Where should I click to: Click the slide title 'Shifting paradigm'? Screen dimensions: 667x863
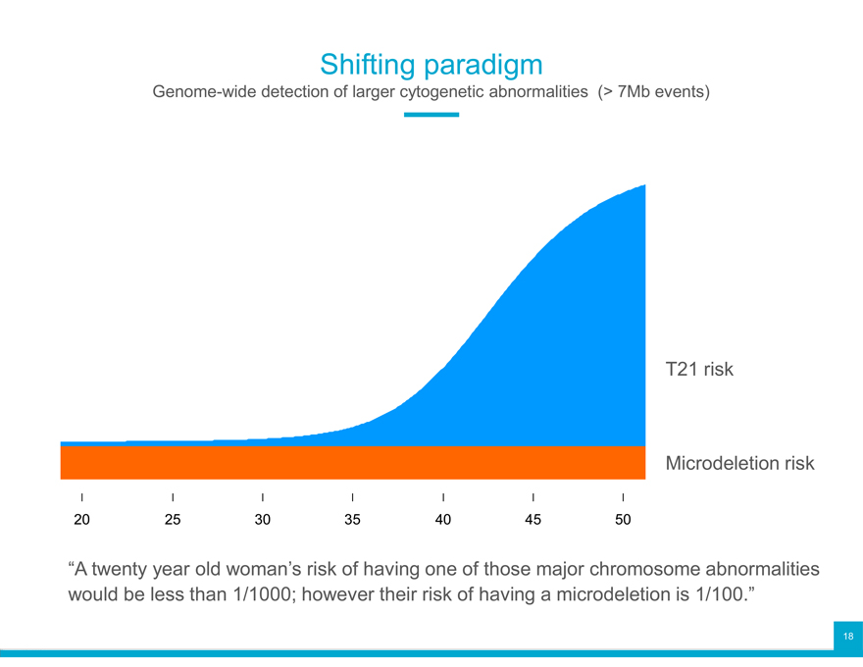(431, 65)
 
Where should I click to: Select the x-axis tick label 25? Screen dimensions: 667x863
(173, 520)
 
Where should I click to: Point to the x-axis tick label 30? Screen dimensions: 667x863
(263, 520)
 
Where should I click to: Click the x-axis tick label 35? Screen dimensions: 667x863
(353, 520)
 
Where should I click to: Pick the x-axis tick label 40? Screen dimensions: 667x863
(443, 520)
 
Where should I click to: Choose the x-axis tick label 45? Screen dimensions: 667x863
(533, 520)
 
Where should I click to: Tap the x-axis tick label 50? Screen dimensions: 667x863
(623, 520)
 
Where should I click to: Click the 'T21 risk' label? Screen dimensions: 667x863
(699, 370)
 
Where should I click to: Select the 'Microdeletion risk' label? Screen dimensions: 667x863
(739, 463)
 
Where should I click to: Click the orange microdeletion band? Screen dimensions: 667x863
(353, 463)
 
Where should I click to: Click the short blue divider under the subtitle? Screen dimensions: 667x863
(431, 115)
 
